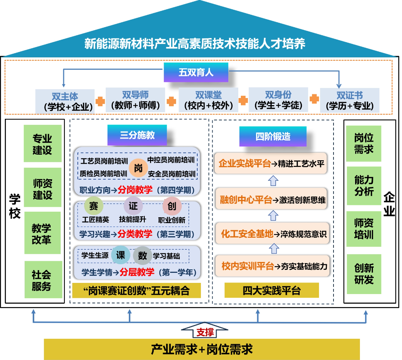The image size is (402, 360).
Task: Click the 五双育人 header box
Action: [x=196, y=72]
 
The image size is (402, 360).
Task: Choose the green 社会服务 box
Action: [x=42, y=280]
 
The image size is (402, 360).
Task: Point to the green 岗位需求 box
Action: [x=363, y=144]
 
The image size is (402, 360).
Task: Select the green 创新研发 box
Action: [x=364, y=274]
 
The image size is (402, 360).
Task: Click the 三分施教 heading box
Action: [x=137, y=135]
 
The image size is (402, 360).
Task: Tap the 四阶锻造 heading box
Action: [x=273, y=136]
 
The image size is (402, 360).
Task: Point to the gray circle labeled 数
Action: [x=142, y=256]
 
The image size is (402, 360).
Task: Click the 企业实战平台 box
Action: [x=271, y=163]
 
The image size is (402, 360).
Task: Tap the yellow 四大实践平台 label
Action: [x=271, y=291]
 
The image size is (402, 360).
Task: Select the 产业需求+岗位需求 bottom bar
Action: [x=202, y=349]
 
